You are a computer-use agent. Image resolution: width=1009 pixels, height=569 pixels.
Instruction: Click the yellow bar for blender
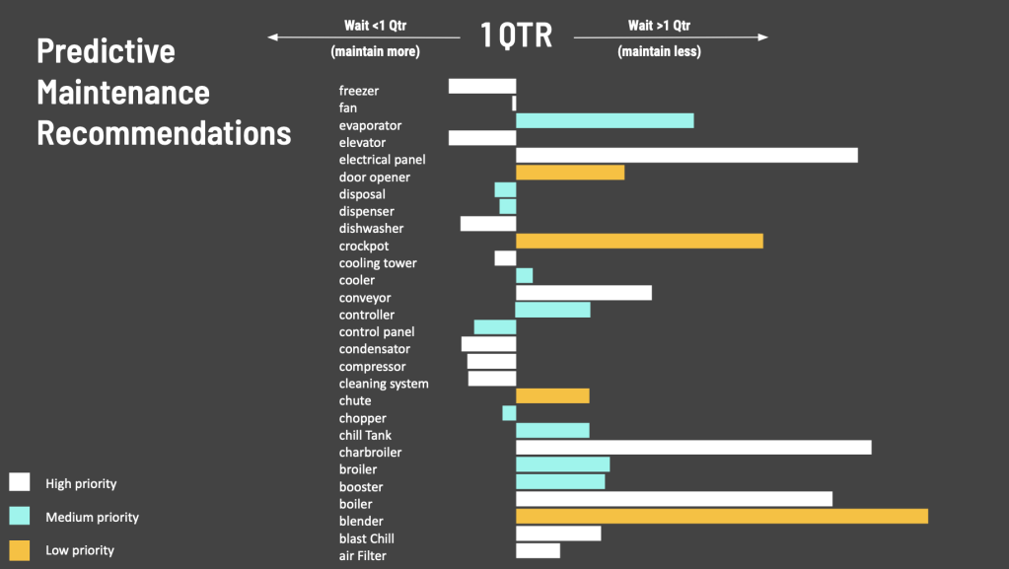pyautogui.click(x=721, y=516)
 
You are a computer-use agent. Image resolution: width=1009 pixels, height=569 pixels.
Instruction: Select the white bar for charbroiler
pyautogui.click(x=693, y=448)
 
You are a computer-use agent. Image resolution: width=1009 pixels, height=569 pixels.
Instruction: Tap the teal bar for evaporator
pyautogui.click(x=605, y=120)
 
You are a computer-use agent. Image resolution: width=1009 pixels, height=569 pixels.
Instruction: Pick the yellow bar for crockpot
pyautogui.click(x=639, y=241)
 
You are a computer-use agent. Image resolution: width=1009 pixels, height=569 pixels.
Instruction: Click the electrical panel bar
pyautogui.click(x=686, y=155)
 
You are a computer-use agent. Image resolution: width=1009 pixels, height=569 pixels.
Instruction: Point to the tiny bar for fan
pyautogui.click(x=514, y=103)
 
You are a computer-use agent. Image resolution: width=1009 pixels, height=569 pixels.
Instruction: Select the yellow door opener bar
pyautogui.click(x=570, y=173)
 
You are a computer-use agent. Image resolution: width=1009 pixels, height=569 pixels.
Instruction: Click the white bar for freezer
pyautogui.click(x=482, y=86)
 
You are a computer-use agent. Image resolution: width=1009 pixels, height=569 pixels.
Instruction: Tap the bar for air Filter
pyautogui.click(x=538, y=550)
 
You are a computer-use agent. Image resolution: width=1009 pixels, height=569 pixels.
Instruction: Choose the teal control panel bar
pyautogui.click(x=495, y=327)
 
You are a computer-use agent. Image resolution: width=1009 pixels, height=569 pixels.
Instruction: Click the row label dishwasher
pyautogui.click(x=371, y=229)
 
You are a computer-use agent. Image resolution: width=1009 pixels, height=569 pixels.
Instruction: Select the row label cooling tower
pyautogui.click(x=378, y=263)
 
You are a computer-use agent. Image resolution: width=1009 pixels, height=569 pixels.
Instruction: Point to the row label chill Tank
pyautogui.click(x=365, y=435)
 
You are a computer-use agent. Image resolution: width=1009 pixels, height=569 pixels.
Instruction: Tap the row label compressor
pyautogui.click(x=372, y=367)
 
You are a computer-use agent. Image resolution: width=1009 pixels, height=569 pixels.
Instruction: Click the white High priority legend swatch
pyautogui.click(x=20, y=482)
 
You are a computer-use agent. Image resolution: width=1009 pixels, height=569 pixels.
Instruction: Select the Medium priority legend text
pyautogui.click(x=92, y=518)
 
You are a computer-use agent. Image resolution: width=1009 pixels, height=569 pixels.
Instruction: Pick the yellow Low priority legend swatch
pyautogui.click(x=20, y=549)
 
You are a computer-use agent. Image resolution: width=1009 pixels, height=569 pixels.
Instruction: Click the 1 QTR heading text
pyautogui.click(x=516, y=36)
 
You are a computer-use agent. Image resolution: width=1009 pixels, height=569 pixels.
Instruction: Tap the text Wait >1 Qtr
pyautogui.click(x=661, y=26)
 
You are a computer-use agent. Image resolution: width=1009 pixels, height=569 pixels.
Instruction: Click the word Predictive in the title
pyautogui.click(x=106, y=51)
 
